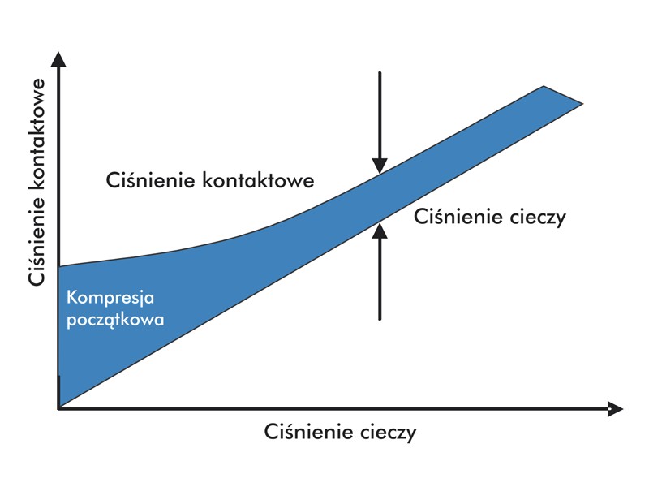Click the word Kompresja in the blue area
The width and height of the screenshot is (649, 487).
pyautogui.click(x=110, y=298)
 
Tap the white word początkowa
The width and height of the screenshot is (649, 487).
pyautogui.click(x=115, y=320)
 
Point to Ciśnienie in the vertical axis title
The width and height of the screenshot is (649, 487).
pyautogui.click(x=37, y=239)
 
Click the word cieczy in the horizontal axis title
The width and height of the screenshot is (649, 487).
pyautogui.click(x=389, y=433)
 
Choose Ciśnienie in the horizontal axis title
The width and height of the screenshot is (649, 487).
pyautogui.click(x=309, y=432)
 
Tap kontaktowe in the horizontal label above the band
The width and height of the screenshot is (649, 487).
pyautogui.click(x=258, y=180)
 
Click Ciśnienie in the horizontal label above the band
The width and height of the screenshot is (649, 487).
pyautogui.click(x=151, y=180)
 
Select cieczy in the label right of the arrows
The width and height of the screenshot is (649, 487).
pyautogui.click(x=538, y=218)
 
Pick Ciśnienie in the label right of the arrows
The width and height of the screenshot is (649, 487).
pyautogui.click(x=458, y=217)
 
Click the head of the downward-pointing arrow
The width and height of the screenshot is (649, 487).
pyautogui.click(x=380, y=166)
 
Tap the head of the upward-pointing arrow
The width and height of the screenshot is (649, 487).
pyautogui.click(x=380, y=231)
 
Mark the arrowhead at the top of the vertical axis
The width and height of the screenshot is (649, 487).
pyautogui.click(x=58, y=59)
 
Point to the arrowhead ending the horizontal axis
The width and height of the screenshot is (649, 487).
pyautogui.click(x=616, y=409)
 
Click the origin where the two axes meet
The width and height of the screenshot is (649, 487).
pyautogui.click(x=58, y=409)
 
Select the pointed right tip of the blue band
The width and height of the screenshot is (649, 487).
pyautogui.click(x=582, y=104)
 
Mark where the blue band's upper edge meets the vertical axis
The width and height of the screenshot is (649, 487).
pyautogui.click(x=59, y=266)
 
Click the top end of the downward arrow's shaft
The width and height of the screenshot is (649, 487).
pyautogui.click(x=380, y=72)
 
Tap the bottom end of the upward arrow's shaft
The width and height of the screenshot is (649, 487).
pyautogui.click(x=380, y=320)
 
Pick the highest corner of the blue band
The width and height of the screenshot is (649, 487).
pyautogui.click(x=544, y=86)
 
